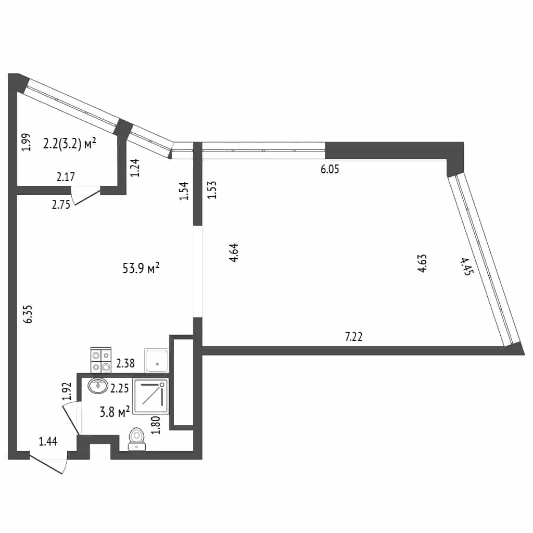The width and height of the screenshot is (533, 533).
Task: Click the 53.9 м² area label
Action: click(x=141, y=268)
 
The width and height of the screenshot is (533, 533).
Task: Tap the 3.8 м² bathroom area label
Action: click(x=115, y=412)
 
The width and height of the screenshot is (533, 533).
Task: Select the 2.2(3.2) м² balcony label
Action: click(x=70, y=144)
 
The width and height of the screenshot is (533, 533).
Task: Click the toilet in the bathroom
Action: click(x=137, y=439)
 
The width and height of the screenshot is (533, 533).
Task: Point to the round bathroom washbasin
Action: click(x=98, y=386)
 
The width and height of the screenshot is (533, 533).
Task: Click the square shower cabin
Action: click(x=151, y=396)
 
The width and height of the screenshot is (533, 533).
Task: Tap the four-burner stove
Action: click(x=101, y=360)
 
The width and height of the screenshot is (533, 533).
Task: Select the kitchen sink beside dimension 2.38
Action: click(x=156, y=360)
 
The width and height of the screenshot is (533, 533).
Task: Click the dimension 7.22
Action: click(x=353, y=337)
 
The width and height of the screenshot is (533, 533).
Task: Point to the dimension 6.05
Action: click(x=329, y=169)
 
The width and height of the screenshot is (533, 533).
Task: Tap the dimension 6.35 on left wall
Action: click(x=28, y=314)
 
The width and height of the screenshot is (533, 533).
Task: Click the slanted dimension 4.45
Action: click(x=466, y=266)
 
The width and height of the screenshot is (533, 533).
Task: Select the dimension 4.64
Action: click(x=234, y=252)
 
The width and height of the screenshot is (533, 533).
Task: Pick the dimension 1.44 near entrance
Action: click(x=48, y=441)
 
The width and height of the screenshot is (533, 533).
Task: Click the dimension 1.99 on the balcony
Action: click(x=26, y=142)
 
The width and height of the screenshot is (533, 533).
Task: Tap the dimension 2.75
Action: click(x=61, y=204)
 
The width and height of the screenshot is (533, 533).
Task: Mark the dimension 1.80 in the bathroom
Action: click(x=156, y=425)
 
